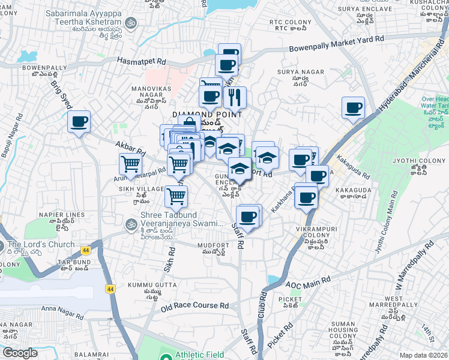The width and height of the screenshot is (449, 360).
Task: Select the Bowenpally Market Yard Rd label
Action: point(336,44)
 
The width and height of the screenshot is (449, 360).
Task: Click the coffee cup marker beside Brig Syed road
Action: point(79,122)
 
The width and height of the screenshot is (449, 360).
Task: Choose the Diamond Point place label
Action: point(207,114)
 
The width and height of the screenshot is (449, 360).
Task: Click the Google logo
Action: point(20,353)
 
